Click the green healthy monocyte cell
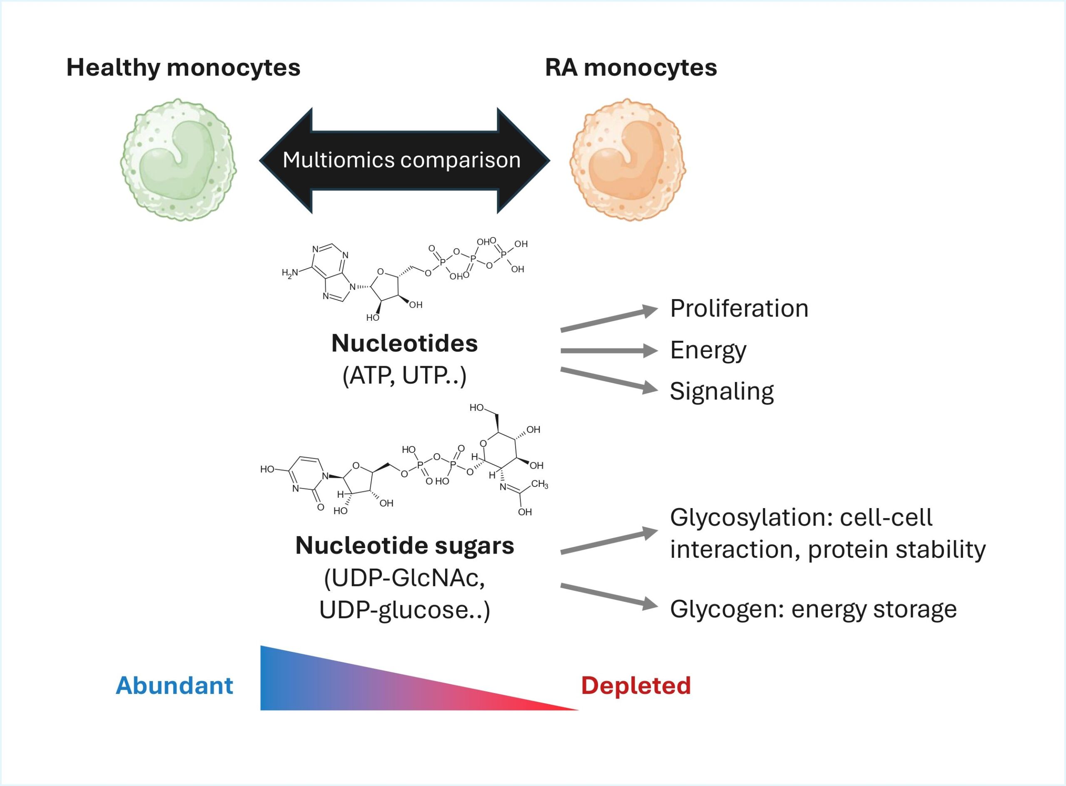pyautogui.click(x=178, y=160)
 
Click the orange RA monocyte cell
pyautogui.click(x=628, y=160)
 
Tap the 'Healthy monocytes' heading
pyautogui.click(x=183, y=67)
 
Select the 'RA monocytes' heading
pyautogui.click(x=631, y=67)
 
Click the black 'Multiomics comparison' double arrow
pyautogui.click(x=404, y=160)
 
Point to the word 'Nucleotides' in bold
pyautogui.click(x=404, y=344)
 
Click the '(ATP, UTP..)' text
pyautogui.click(x=404, y=376)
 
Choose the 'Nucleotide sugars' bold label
pyautogui.click(x=404, y=545)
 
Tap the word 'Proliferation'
pyautogui.click(x=739, y=308)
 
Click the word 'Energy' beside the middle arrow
pyautogui.click(x=708, y=351)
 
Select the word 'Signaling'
pyautogui.click(x=722, y=392)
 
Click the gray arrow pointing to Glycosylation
pyautogui.click(x=609, y=542)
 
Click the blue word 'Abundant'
pyautogui.click(x=174, y=686)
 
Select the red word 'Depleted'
pyautogui.click(x=635, y=686)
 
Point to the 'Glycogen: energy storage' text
pyautogui.click(x=813, y=609)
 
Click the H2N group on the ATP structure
pyautogui.click(x=290, y=273)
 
